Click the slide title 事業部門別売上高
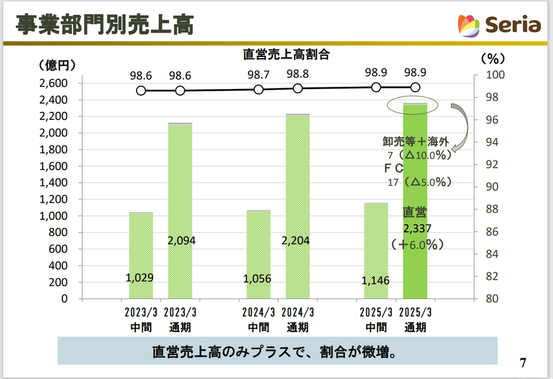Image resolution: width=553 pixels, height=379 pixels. pos(104,25)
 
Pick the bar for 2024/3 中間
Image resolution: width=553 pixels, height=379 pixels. pos(258,254)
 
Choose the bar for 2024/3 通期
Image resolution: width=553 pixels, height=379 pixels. pos(298,206)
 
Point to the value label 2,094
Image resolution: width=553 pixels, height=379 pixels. pos(182,240)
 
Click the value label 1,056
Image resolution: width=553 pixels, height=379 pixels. pos(257,279)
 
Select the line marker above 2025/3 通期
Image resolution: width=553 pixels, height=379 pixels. pos(416,87)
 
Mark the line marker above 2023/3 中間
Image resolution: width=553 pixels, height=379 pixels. pos(141,90)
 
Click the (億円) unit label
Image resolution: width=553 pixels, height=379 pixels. pos(57,65)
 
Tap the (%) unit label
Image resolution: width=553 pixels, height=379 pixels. pos(490,58)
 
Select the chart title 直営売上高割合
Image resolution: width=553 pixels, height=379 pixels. pos(286,55)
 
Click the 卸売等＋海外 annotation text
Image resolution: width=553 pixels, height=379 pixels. pos(416,141)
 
